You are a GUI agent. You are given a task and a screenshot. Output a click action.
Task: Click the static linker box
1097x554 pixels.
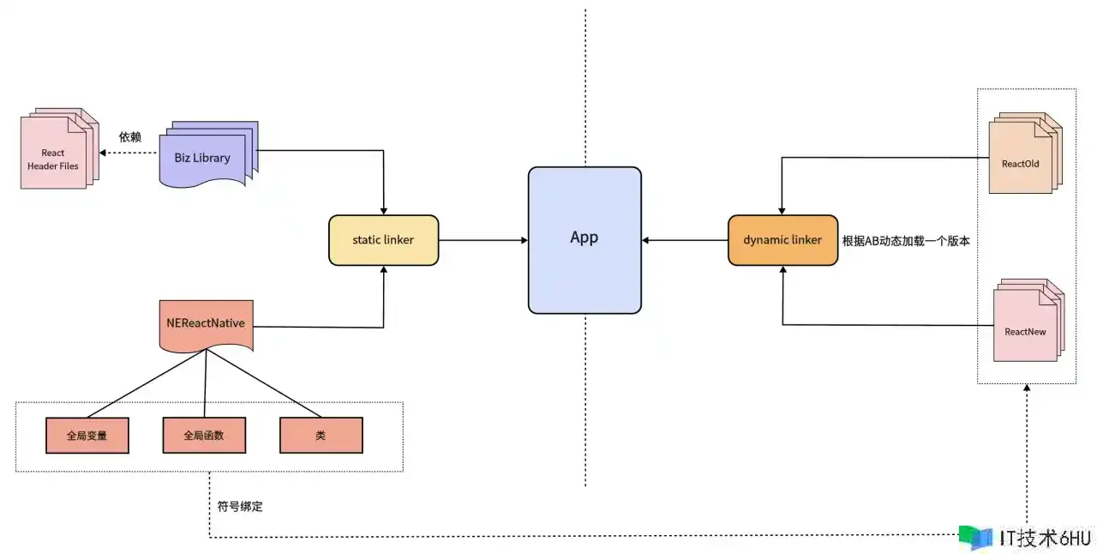click(383, 240)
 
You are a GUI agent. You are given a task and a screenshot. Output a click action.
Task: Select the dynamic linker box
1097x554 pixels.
click(782, 240)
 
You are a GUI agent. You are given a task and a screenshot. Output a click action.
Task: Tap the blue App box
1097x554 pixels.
click(584, 240)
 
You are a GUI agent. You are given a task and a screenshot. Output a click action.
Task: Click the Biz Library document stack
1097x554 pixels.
click(208, 154)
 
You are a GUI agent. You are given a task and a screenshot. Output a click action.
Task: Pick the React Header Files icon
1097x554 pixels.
click(60, 148)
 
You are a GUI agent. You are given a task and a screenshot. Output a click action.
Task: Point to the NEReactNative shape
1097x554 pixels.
click(207, 326)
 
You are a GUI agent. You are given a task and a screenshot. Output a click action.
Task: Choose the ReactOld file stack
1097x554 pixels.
click(1026, 153)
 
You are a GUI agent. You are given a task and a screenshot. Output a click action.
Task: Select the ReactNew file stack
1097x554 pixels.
click(1029, 321)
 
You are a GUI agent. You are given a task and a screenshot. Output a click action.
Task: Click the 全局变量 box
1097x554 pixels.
click(87, 436)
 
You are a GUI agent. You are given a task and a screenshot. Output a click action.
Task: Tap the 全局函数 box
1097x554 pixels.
click(204, 436)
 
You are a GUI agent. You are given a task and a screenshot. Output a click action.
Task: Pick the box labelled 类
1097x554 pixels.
click(321, 436)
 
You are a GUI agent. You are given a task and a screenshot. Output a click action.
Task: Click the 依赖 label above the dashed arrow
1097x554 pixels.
click(129, 137)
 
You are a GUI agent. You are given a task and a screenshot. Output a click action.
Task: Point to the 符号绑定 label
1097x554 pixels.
click(240, 507)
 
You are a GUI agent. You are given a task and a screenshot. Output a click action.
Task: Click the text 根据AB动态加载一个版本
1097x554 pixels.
click(906, 241)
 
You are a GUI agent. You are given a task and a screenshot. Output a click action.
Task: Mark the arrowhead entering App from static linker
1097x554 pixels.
click(525, 240)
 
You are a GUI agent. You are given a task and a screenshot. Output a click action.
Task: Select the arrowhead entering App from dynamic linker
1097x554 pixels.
click(645, 240)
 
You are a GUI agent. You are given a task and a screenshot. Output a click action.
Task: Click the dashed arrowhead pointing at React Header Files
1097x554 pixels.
click(103, 153)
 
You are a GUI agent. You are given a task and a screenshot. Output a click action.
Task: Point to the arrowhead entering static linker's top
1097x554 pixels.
click(383, 211)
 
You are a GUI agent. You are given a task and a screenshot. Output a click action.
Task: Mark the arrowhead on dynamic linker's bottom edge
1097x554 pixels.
click(782, 269)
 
